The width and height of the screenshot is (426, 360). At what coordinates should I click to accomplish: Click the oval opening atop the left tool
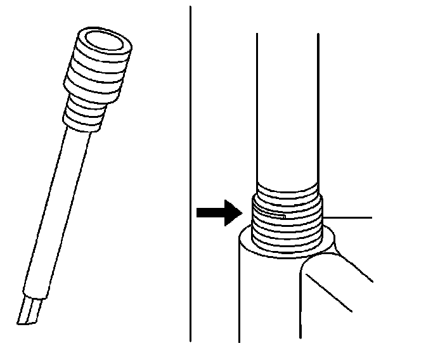[x=106, y=42]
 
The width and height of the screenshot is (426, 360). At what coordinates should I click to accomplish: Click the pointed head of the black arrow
[x=233, y=213]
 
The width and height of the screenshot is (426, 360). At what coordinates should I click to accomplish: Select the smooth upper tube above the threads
[x=287, y=108]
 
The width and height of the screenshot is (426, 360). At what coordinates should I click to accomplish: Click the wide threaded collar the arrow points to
[x=288, y=225]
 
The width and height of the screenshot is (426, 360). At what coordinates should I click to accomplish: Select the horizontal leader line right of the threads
[x=349, y=217]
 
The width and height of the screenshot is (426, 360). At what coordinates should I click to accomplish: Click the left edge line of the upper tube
[x=256, y=108]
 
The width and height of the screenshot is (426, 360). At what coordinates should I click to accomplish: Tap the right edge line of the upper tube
[x=318, y=108]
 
